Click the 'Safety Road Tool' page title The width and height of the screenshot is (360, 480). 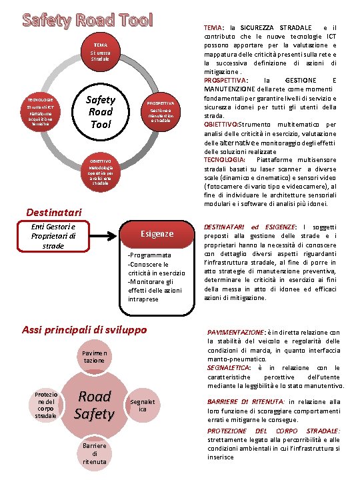coord(88,19)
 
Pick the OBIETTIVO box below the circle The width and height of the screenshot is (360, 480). coord(99,172)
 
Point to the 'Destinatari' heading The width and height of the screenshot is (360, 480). coord(53,212)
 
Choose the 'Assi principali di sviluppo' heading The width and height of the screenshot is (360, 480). coord(85,329)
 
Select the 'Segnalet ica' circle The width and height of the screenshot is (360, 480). coord(143,405)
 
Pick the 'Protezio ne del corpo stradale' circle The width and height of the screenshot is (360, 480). coord(45,405)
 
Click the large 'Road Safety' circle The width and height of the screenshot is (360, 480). coord(94,405)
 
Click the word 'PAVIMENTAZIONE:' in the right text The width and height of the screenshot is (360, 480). coord(236,332)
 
